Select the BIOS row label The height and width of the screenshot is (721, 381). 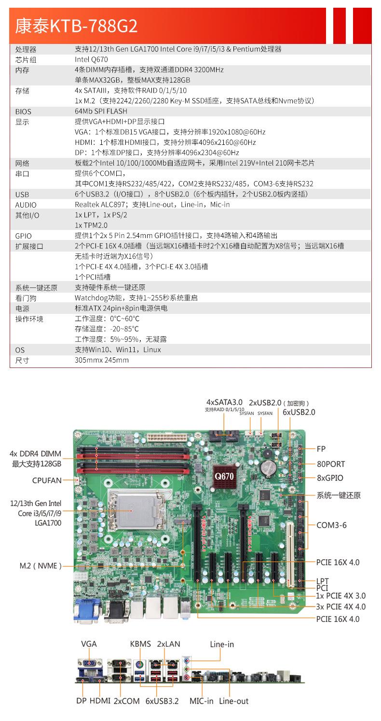pos(23,112)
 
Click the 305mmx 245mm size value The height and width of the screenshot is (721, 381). pos(102,360)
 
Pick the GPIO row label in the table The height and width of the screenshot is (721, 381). pos(23,236)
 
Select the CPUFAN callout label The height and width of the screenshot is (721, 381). pos(47,481)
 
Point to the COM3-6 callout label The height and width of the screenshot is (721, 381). pos(331,525)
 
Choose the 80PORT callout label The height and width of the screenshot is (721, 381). pos(330,464)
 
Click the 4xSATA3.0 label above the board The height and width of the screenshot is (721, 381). pos(224,402)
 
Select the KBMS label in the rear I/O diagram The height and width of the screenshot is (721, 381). pos(140,644)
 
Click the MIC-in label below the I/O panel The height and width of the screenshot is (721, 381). pos(201,701)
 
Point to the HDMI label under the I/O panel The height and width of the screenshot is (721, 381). pos(100,701)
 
